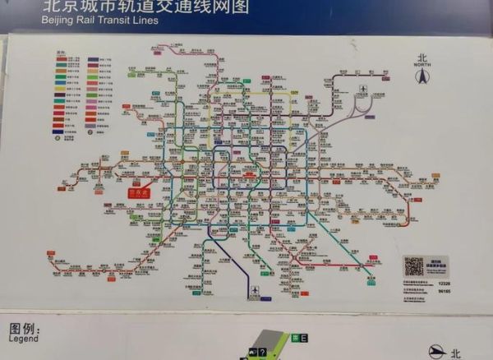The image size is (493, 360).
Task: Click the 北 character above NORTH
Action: pos(423,58)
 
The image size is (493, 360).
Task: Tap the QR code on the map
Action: pos(413,266)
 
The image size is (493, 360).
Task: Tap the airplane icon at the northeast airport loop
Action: pos(363,90)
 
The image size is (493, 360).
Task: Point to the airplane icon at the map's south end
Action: pos(255,290)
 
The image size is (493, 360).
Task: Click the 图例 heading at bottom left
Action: pos(25,328)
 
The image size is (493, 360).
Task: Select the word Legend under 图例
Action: pos(24,338)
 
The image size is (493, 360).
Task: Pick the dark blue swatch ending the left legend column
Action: pos(59,131)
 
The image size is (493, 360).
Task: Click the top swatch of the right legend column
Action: pos(94,60)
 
